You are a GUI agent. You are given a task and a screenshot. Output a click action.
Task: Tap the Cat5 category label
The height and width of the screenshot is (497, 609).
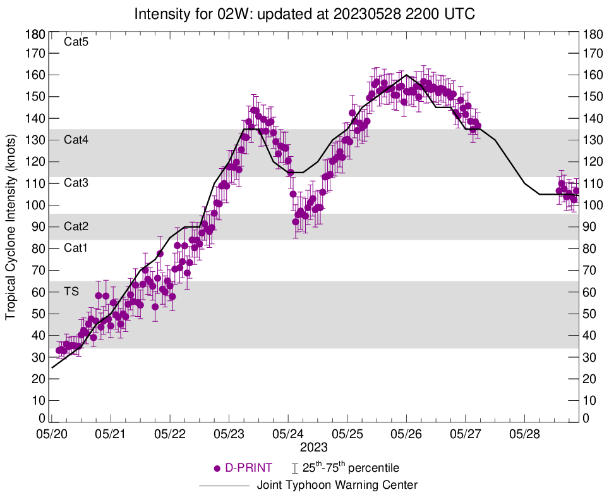(x=76, y=42)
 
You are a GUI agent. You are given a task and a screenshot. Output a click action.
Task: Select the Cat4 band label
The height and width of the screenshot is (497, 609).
(x=76, y=140)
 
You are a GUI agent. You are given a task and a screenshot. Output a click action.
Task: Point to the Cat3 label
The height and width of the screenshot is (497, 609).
(x=76, y=183)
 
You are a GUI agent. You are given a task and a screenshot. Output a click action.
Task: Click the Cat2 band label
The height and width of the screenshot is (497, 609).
(x=76, y=226)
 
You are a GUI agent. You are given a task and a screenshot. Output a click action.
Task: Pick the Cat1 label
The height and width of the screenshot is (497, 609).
(x=76, y=248)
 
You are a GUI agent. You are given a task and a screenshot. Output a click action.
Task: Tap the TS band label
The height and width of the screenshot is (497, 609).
(x=71, y=291)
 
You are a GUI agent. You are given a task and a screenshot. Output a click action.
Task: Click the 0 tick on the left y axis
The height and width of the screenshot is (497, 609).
(x=42, y=418)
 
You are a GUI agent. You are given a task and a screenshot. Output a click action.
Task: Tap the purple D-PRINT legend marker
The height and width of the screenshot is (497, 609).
(x=217, y=469)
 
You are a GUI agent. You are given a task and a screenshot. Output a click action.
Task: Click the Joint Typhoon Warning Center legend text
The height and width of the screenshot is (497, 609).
(x=337, y=486)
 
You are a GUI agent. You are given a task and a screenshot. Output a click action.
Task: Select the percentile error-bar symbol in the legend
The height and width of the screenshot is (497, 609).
(x=294, y=469)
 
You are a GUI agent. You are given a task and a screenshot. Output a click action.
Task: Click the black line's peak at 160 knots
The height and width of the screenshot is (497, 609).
(x=406, y=75)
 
